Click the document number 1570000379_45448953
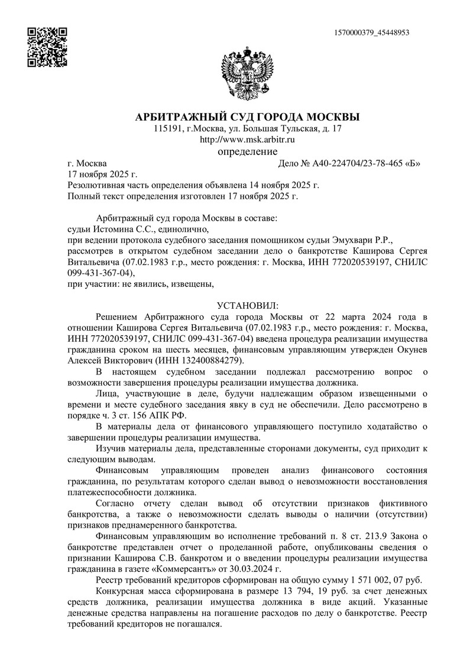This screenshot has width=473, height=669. coord(372,33)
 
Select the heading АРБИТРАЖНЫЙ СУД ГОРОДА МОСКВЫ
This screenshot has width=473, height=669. coord(247,116)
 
